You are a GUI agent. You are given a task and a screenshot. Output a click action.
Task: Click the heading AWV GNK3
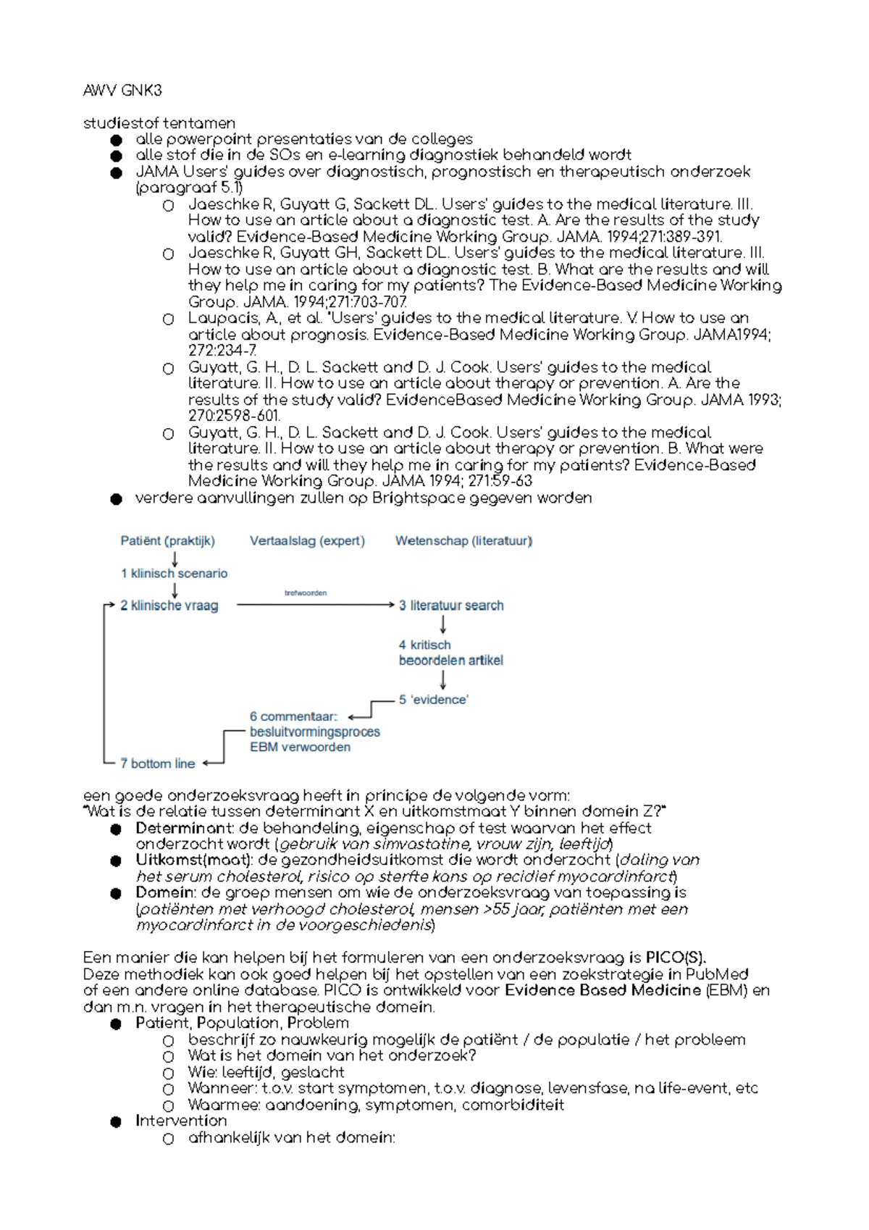(122, 91)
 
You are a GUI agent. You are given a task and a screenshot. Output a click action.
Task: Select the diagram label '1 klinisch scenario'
(174, 573)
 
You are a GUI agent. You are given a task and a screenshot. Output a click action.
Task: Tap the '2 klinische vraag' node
(169, 606)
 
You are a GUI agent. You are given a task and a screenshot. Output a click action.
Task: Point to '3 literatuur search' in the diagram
(451, 606)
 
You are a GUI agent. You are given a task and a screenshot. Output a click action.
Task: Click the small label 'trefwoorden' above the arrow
(306, 593)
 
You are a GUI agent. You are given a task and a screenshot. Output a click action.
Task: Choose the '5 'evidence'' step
(434, 700)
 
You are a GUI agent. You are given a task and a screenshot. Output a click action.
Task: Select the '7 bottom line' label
(157, 763)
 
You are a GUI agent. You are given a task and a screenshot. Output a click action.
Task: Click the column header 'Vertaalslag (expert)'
(307, 540)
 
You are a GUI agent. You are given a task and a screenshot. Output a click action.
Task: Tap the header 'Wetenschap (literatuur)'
(463, 540)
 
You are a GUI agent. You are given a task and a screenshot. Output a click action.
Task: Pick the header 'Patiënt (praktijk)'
(167, 540)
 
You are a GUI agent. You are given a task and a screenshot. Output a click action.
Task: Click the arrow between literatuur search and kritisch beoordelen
(442, 624)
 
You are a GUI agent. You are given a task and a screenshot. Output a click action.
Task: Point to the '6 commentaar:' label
(293, 716)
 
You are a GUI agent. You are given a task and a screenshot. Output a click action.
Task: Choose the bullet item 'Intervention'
(181, 1121)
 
